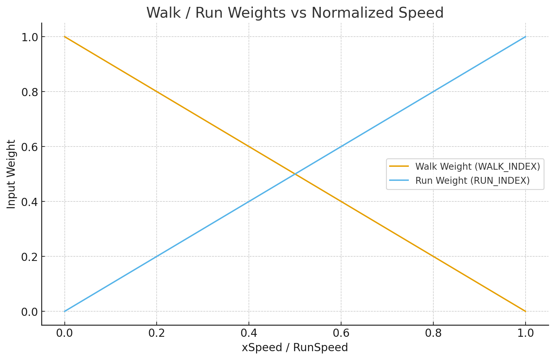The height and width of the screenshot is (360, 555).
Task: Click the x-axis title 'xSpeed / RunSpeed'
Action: pos(295,347)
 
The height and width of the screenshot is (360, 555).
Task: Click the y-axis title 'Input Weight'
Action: pos(11,174)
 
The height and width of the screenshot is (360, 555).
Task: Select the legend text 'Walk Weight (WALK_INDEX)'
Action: pos(477,166)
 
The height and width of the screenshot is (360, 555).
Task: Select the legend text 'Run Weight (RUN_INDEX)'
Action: pos(472,180)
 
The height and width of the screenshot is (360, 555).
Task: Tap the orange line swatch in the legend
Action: pos(399,166)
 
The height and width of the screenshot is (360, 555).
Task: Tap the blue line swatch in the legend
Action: pos(399,180)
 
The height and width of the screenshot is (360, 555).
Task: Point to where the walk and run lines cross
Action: pos(295,174)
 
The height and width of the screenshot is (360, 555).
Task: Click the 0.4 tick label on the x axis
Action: pos(249,333)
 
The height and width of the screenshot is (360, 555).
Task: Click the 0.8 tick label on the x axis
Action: pos(433,333)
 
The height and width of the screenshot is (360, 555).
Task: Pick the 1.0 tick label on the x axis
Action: pos(525,333)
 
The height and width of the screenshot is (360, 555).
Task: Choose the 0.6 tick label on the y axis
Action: pos(29,147)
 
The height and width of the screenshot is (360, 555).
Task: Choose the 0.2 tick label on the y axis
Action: pos(29,257)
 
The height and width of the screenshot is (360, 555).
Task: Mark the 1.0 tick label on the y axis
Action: pos(29,37)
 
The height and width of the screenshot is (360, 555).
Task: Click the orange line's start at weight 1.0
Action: pos(65,37)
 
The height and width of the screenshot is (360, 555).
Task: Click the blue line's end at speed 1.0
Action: pos(525,37)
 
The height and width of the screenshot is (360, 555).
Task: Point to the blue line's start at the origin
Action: pos(65,311)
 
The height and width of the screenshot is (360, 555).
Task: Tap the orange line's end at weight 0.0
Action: pos(525,311)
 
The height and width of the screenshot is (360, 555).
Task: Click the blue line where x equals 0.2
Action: pos(157,256)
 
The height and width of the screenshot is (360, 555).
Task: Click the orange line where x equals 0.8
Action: pos(433,256)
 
